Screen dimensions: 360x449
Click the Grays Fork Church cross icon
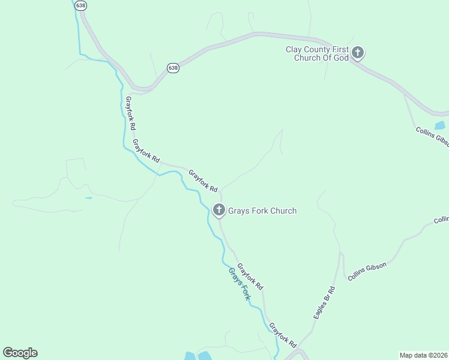219,210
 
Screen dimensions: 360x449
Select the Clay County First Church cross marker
358,53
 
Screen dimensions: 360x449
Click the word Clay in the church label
294,49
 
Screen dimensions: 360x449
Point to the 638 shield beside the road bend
173,68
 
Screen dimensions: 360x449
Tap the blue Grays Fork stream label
239,284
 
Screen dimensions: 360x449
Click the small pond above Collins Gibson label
440,125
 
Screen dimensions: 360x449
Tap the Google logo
20,353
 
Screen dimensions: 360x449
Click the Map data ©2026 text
424,355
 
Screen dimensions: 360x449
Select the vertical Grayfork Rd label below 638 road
130,113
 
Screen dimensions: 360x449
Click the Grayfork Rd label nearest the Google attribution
283,336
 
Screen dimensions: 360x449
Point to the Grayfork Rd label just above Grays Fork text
250,277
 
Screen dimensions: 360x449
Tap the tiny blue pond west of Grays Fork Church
88,197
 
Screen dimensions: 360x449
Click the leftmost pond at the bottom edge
190,356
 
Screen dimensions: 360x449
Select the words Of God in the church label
337,58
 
